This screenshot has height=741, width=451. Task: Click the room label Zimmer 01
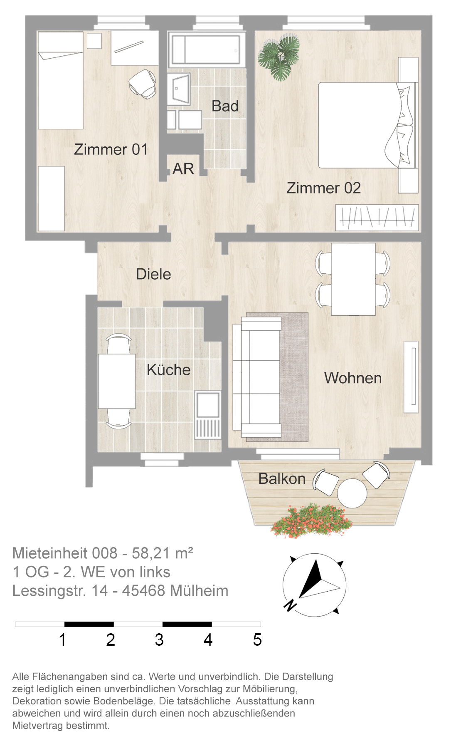(x=111, y=149)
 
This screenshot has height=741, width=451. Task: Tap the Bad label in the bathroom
(x=225, y=106)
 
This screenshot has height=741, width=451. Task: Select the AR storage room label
(x=183, y=169)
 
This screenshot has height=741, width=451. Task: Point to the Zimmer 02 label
(x=323, y=188)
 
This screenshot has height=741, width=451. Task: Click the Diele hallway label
(x=153, y=274)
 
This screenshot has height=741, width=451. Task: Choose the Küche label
(x=168, y=369)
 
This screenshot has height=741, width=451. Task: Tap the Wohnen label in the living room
(x=353, y=378)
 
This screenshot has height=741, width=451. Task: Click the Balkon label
(x=282, y=479)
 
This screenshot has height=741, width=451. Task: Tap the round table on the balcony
(x=352, y=493)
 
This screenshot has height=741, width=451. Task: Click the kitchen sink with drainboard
(x=208, y=415)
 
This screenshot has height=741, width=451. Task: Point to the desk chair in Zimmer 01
(x=143, y=84)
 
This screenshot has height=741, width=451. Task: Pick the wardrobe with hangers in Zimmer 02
(x=377, y=217)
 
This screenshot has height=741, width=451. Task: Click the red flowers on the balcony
(x=311, y=520)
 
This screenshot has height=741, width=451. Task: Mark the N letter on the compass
(x=290, y=605)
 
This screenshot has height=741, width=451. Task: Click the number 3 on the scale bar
(x=159, y=640)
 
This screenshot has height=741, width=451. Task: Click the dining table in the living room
(x=353, y=279)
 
